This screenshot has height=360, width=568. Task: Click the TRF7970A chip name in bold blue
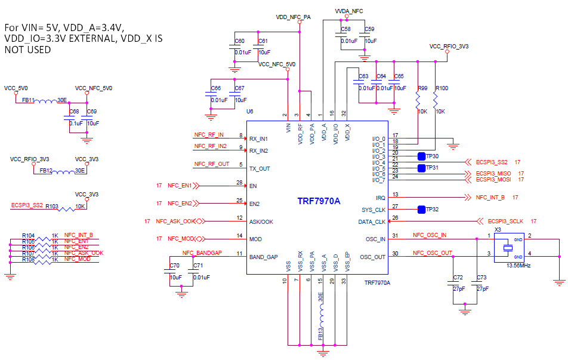pos(319,201)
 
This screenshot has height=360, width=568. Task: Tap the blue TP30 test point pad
pos(421,156)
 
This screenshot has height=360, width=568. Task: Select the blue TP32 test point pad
pos(421,210)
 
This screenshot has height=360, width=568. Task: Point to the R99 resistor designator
pos(422,88)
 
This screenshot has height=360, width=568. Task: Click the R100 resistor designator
pos(442,88)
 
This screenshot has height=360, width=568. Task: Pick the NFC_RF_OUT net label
pos(211,164)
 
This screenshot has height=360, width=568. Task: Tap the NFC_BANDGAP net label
pos(202,253)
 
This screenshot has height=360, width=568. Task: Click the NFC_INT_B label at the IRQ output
pos(490,196)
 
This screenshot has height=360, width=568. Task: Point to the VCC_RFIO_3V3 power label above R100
pos(449,45)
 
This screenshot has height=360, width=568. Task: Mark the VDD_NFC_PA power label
pos(293,17)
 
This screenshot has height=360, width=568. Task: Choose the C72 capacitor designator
pos(458,278)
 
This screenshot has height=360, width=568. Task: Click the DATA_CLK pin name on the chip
pos(373,221)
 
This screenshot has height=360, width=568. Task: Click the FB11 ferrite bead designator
pos(28,100)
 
